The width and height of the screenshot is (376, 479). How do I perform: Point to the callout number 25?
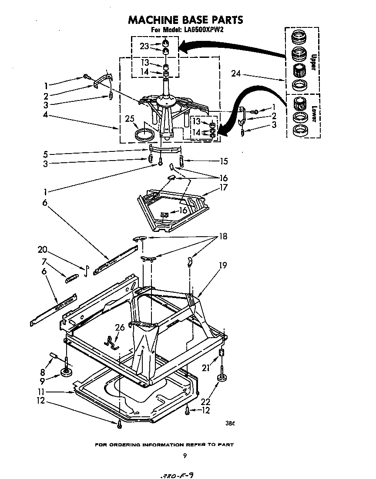coord(129,119)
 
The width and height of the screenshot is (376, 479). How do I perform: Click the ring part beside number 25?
coord(144,134)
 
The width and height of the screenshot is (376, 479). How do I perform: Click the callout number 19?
coord(223,265)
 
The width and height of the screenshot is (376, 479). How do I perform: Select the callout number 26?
coord(119,328)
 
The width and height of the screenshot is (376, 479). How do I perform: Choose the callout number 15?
coord(224,161)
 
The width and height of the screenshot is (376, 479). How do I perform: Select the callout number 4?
coord(45,116)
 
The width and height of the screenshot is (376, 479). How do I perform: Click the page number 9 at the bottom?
coord(185,456)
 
